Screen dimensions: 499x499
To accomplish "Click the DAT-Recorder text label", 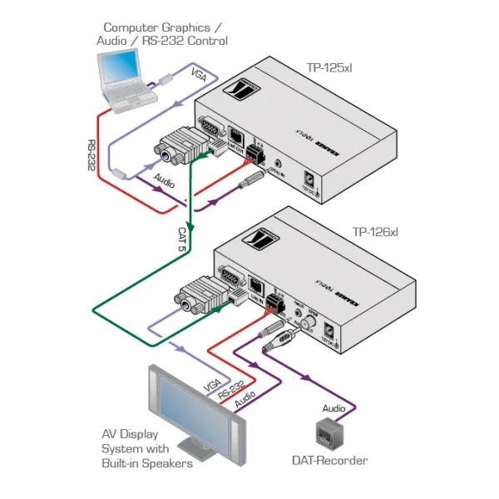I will tap(329, 460).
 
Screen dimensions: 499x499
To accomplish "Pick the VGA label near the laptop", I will tap(200, 75).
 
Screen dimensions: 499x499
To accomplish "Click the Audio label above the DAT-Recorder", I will tap(333, 408).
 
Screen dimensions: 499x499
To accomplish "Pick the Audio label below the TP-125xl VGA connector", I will tap(164, 179).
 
